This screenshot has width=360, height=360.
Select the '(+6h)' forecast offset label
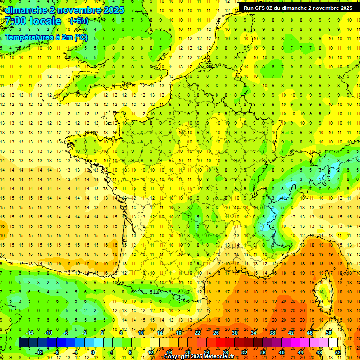(78, 21)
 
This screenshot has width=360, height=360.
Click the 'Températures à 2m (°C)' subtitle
(46, 37)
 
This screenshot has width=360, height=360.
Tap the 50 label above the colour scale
(328, 332)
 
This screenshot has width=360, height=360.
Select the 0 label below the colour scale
(93, 352)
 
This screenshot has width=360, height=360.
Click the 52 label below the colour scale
(338, 352)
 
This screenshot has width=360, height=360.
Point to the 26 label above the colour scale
(216, 332)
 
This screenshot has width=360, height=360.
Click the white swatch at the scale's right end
(333, 343)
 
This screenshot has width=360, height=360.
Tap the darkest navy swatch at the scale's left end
(23, 343)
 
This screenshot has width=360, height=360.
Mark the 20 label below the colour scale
(187, 352)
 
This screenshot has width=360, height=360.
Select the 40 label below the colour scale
(282, 352)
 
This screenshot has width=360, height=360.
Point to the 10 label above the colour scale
(141, 332)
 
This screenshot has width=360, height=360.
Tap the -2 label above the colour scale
(85, 332)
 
